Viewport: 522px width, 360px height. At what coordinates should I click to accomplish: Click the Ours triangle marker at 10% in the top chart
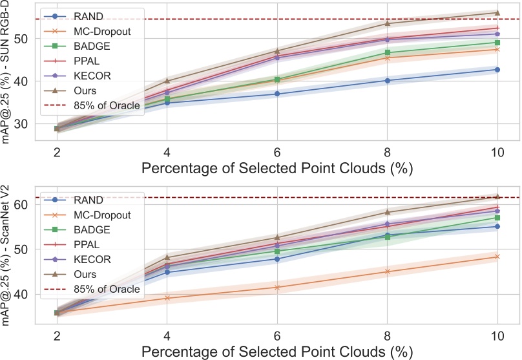(497, 13)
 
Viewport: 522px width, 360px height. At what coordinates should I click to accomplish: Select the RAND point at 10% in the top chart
(497, 69)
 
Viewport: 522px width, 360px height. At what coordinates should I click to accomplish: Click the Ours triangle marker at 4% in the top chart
(167, 81)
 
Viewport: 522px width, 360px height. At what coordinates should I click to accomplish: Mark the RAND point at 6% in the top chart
(277, 94)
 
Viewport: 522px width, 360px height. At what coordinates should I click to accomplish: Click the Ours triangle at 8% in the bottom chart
(387, 212)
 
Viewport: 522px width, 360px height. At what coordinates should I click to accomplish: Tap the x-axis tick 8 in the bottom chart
(387, 337)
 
